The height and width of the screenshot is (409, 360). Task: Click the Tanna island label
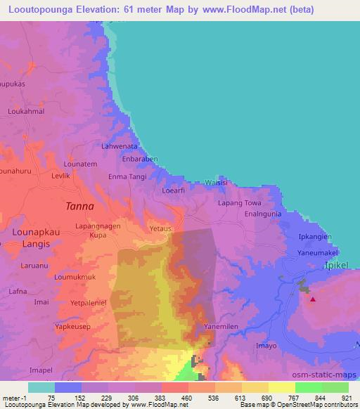[79, 207]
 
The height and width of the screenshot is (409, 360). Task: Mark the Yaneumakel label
[318, 252]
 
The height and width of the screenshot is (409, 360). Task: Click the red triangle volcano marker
[313, 299]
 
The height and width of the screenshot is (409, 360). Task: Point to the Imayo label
[266, 346]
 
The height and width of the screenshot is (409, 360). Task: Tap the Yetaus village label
[160, 228]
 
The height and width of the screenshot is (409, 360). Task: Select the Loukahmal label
[26, 111]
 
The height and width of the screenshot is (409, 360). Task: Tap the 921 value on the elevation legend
[346, 398]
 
